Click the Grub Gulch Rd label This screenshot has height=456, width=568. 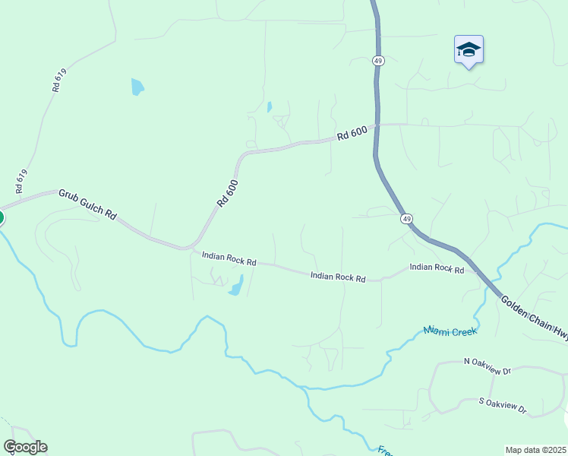coord(87,204)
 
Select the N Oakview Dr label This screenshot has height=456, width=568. coord(488,366)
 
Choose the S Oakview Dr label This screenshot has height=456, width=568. coord(503,405)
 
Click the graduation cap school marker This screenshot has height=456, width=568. coord(469,50)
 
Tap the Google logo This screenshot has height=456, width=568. coord(25,447)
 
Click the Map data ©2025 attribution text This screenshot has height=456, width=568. coord(535,450)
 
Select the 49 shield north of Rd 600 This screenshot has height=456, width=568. coord(377,61)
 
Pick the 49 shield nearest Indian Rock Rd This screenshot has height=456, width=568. coord(407,219)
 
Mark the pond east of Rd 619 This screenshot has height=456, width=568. coord(137,87)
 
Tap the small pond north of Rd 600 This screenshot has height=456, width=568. coord(269,107)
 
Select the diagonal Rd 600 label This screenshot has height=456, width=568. coord(227,193)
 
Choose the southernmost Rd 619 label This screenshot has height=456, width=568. coord(21,180)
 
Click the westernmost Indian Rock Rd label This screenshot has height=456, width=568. coord(229,258)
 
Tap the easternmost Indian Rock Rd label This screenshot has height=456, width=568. coord(437,268)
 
